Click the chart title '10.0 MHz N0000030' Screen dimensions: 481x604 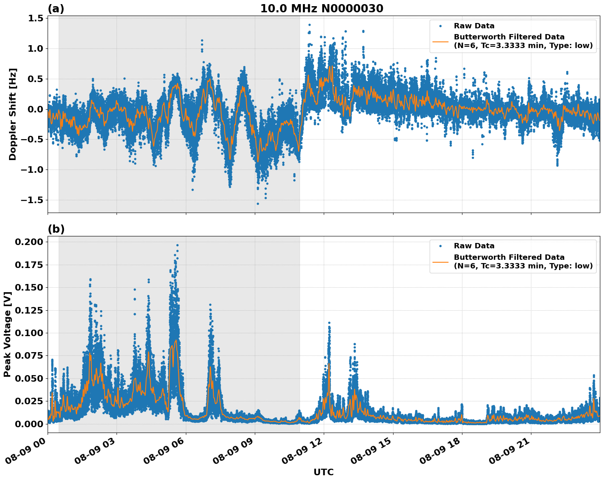coord(322,9)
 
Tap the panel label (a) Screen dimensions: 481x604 coord(56,9)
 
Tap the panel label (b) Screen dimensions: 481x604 coord(56,229)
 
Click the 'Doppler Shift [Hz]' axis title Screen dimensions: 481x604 coord(13,114)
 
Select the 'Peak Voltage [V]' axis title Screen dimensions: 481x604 coord(7,334)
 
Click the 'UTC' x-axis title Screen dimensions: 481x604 coord(323,472)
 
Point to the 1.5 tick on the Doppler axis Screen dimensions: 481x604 coord(36,18)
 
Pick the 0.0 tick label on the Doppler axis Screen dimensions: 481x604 coord(36,109)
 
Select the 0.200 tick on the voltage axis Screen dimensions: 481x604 coord(29,242)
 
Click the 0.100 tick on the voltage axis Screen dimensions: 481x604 coord(29,333)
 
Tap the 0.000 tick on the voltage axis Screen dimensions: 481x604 coord(29,424)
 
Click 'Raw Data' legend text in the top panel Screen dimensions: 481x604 coord(474,26)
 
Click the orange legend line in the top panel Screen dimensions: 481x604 coord(440,41)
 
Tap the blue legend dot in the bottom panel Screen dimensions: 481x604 coord(440,246)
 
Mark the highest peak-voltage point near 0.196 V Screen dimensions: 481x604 coord(177,245)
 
